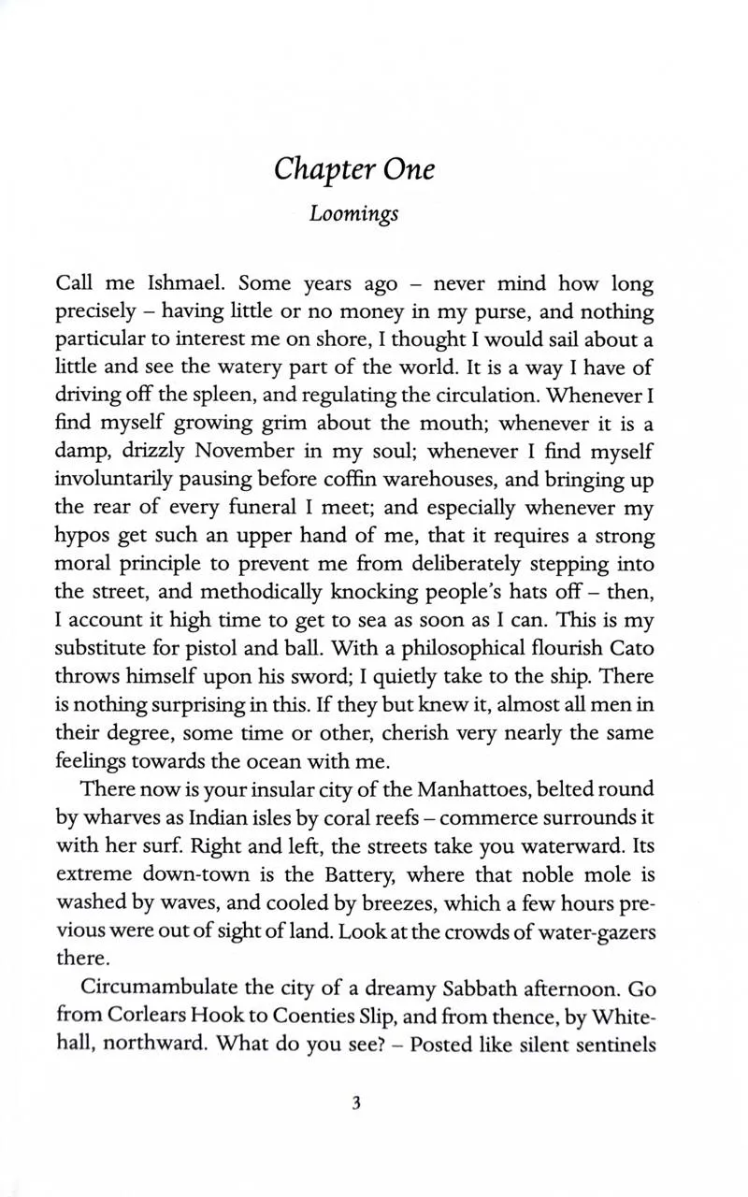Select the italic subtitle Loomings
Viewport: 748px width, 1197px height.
(x=354, y=213)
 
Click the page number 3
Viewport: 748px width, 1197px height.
(x=356, y=1103)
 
